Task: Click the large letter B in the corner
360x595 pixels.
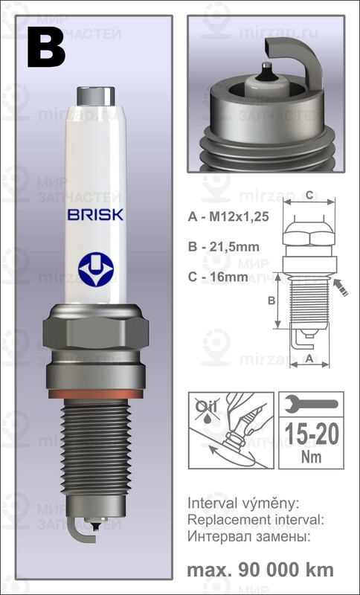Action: click(47, 47)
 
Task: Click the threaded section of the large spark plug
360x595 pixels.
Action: click(95, 446)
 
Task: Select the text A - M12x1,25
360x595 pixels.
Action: click(225, 217)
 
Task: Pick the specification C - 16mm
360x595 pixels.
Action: click(213, 277)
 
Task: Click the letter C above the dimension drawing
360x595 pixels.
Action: click(307, 195)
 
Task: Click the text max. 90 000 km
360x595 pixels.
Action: click(260, 570)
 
